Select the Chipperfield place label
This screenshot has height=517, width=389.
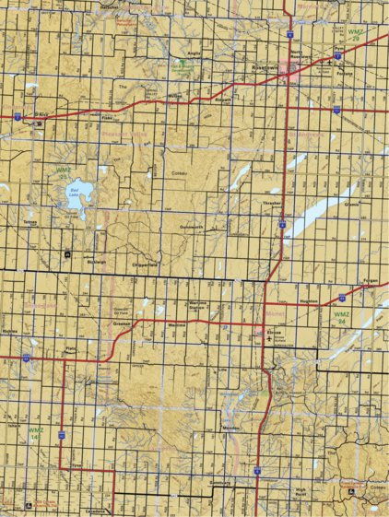(147, 264)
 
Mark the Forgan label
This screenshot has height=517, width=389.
(371, 279)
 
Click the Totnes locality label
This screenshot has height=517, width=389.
(30, 221)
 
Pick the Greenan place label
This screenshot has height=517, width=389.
(122, 325)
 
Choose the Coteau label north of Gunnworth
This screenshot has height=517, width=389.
(179, 172)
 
